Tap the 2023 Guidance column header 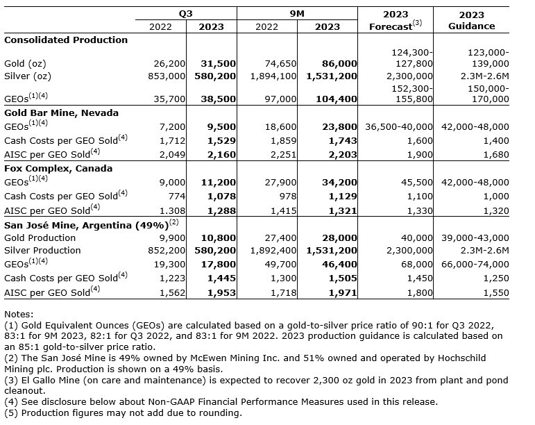click(x=471, y=20)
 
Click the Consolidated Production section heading click(x=66, y=40)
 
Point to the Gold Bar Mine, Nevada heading click(x=61, y=112)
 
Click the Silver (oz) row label click(x=28, y=76)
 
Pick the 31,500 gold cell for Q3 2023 click(x=217, y=63)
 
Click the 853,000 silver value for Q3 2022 click(x=167, y=76)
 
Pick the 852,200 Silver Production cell click(x=167, y=250)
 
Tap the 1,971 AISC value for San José click(x=343, y=292)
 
